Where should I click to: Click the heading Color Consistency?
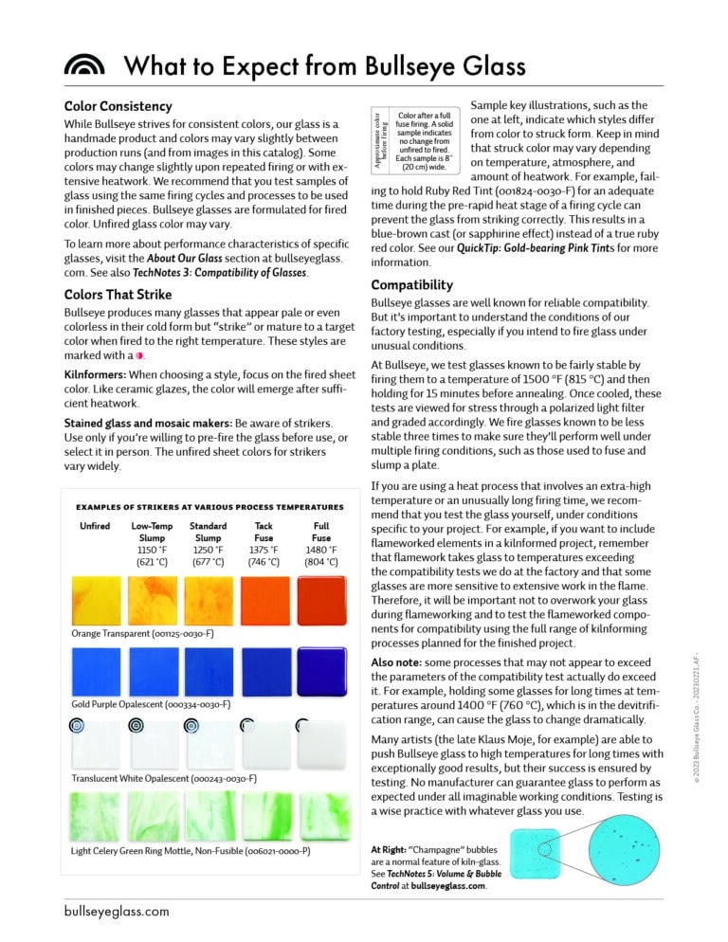(118, 106)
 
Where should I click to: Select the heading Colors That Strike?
(118, 295)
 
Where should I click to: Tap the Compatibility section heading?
(411, 284)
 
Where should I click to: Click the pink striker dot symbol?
(139, 355)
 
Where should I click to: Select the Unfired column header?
(95, 525)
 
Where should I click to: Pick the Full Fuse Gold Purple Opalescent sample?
(321, 672)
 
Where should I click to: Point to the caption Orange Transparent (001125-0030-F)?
(142, 633)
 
